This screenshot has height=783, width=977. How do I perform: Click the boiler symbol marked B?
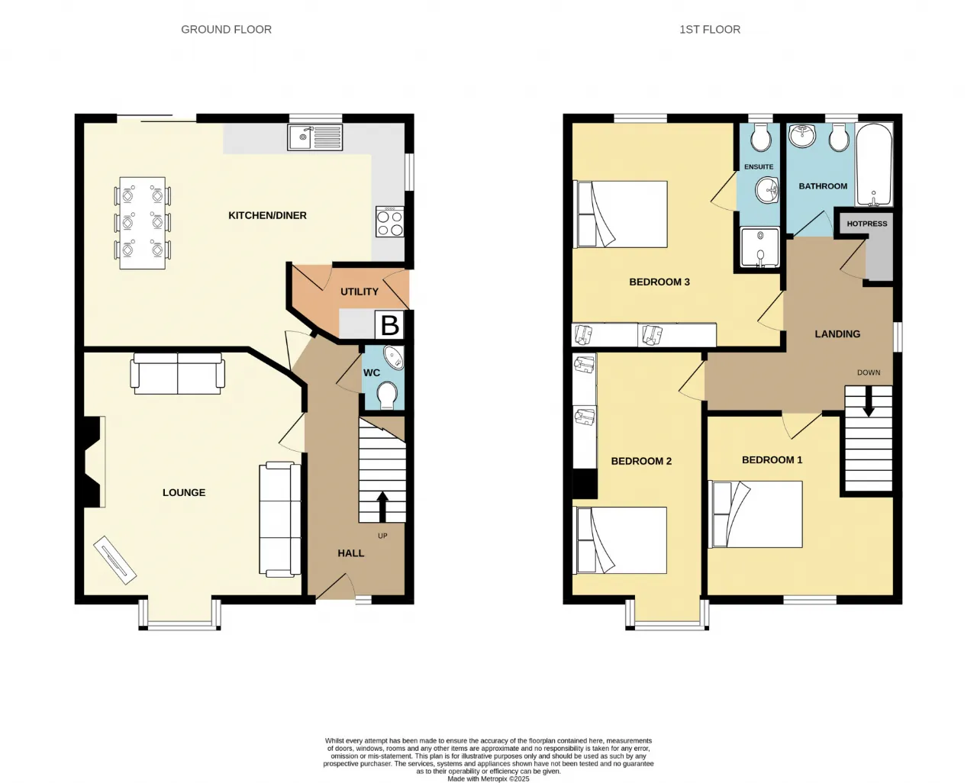389,325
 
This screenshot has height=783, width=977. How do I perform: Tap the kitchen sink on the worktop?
315,137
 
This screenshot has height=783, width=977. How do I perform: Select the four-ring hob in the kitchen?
389,221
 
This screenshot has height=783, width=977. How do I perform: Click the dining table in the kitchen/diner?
142,223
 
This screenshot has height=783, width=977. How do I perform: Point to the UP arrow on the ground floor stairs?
382,507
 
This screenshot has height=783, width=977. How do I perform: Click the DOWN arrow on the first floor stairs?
869,401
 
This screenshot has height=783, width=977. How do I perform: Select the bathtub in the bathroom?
873,166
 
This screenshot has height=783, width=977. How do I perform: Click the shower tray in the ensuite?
759,247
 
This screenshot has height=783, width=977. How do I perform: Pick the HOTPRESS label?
866,224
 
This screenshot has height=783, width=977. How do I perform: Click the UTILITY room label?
359,292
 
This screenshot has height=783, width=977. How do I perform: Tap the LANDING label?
837,334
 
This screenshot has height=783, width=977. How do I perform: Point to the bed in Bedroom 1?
756,514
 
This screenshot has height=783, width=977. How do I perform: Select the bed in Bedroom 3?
620,214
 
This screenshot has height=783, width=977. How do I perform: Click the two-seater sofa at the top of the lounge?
178,374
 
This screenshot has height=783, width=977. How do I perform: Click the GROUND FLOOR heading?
226,30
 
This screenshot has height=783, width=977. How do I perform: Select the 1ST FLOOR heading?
710,30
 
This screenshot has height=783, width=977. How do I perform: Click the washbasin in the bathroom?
802,135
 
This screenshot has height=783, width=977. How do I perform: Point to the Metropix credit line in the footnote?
488,779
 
